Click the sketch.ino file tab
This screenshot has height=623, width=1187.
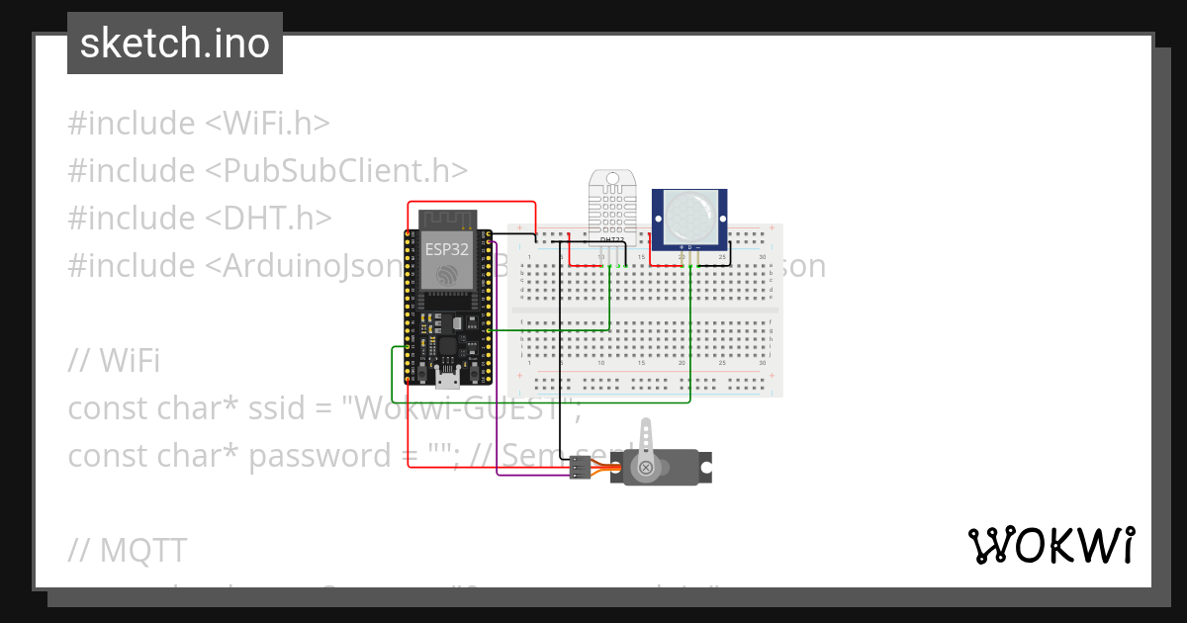(175, 44)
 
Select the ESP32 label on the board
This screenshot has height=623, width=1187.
(446, 249)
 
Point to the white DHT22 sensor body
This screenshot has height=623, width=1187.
(613, 203)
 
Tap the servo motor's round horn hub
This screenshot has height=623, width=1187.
(645, 467)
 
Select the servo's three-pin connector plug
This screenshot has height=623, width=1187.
(579, 468)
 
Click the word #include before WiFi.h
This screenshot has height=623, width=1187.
(132, 124)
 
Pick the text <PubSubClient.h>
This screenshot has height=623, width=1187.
(336, 171)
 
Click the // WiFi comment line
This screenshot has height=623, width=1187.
(114, 361)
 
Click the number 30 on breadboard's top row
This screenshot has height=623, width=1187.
(762, 258)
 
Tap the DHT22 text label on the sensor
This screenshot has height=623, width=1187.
(612, 240)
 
